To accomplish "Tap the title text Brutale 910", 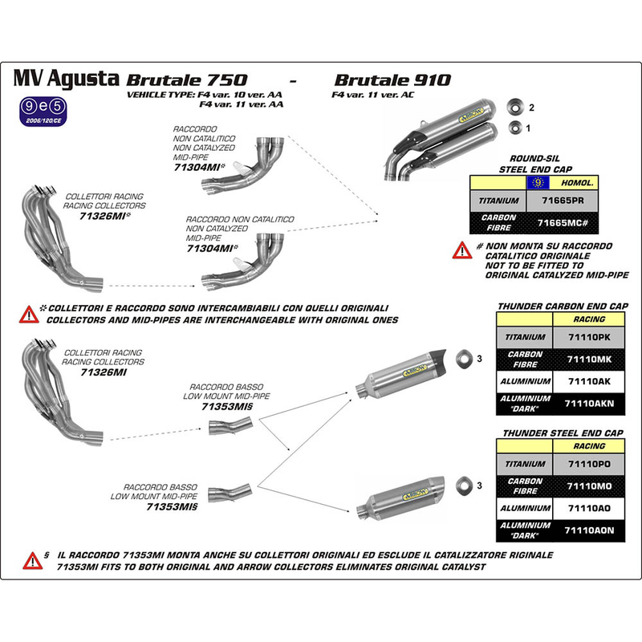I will click(392, 80).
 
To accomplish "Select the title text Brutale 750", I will click(184, 80).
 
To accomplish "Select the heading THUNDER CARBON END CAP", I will click(563, 306).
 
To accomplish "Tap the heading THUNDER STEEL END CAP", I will click(563, 432).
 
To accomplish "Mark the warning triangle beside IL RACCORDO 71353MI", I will click(32, 560).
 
